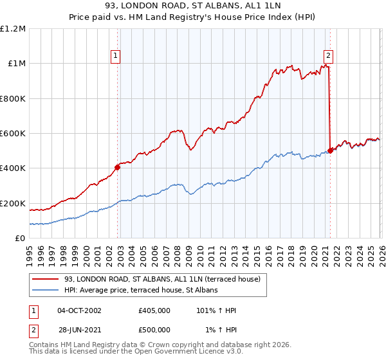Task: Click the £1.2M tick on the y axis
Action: pos(13,28)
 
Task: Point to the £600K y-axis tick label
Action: pos(13,134)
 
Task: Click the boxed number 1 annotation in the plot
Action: pos(116,56)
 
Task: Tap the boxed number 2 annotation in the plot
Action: pos(328,56)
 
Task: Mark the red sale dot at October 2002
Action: pos(118,167)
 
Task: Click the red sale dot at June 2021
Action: pos(330,150)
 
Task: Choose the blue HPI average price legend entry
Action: pos(140,290)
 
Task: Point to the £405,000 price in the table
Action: pos(154,310)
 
